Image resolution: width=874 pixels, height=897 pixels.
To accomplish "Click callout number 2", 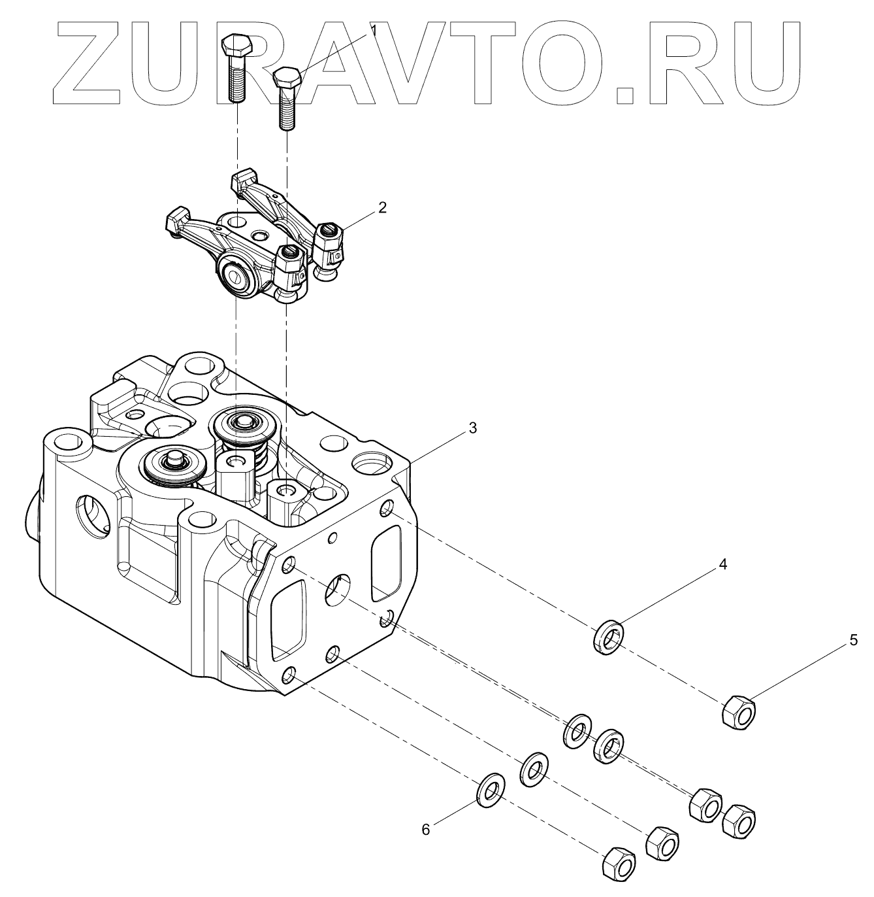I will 382,208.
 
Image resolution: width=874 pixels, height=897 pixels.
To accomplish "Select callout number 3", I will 473,428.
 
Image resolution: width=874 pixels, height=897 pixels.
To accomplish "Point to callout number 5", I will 854,641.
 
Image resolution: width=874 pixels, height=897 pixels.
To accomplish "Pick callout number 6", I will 426,830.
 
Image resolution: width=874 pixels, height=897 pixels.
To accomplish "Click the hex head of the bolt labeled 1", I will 286,78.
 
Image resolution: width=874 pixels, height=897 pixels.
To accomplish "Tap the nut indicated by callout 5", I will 739,712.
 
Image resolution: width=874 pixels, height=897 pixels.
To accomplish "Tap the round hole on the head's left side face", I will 92,517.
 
